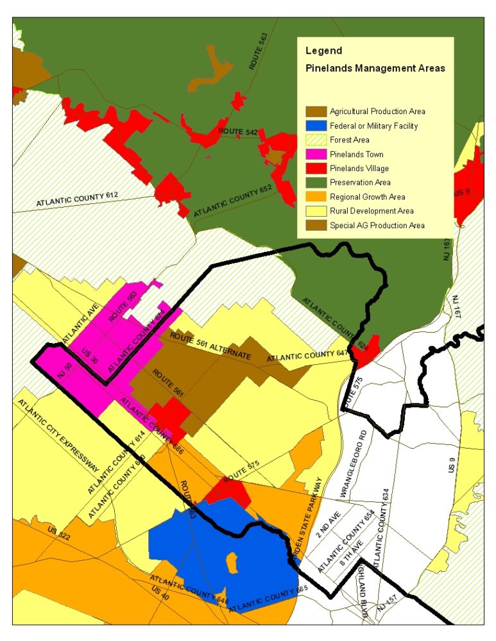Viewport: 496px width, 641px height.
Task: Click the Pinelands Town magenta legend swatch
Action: pos(316,154)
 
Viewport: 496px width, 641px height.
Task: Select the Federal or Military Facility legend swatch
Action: pos(316,126)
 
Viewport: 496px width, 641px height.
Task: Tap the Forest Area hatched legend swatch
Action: pos(316,140)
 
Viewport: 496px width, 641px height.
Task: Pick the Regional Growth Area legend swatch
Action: pos(316,197)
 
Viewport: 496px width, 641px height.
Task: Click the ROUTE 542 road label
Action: pos(238,132)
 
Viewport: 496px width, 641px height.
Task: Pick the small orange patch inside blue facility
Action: pos(232,562)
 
